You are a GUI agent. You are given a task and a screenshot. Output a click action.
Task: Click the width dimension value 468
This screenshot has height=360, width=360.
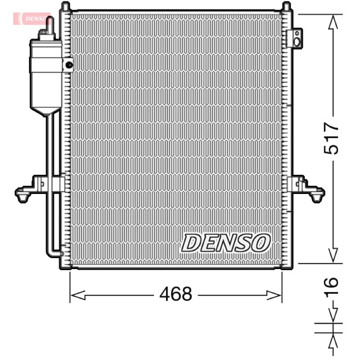tap(175, 294)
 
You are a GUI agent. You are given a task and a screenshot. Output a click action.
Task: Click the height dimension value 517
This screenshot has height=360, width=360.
tap(331, 138)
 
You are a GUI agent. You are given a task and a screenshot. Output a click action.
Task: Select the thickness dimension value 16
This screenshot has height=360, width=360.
tap(331, 286)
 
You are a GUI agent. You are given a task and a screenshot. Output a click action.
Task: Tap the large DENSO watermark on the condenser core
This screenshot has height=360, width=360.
tap(226, 243)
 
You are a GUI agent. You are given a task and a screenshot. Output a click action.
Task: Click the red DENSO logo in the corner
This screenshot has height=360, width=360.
tap(31, 18)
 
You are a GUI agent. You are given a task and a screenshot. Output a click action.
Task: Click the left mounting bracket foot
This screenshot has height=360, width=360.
tap(22, 195)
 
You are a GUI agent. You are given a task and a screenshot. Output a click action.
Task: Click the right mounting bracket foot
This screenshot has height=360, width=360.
tap(317, 195)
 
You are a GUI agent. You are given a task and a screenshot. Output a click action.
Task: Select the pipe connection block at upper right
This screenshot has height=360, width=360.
tap(295, 38)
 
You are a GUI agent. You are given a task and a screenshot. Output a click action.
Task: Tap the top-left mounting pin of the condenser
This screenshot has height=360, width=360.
tap(65, 6)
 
